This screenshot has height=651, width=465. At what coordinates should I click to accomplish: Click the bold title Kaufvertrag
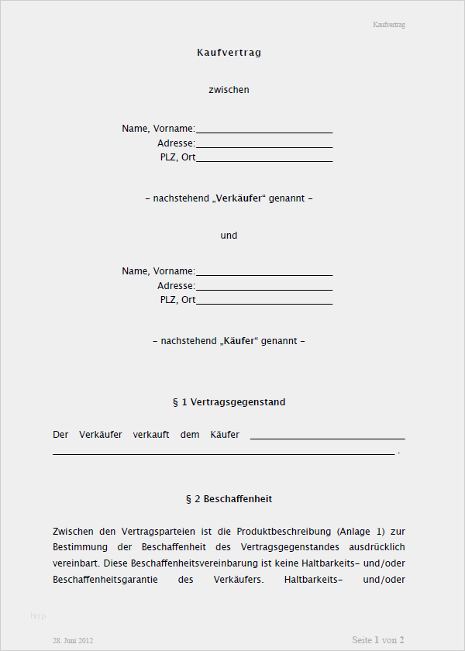(229, 53)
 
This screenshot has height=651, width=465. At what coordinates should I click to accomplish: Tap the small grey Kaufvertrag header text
(389, 25)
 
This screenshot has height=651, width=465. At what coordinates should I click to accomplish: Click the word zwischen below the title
(229, 90)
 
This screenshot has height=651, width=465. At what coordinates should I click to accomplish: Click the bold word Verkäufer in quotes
(239, 198)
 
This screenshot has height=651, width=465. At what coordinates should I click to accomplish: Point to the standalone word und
(229, 235)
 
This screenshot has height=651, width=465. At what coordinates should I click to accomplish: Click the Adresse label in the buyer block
(176, 286)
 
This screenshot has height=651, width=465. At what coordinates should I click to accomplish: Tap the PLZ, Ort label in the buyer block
(177, 299)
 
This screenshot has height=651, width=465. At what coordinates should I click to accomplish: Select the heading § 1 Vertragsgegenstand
(229, 402)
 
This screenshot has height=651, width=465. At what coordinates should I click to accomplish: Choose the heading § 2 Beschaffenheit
(229, 499)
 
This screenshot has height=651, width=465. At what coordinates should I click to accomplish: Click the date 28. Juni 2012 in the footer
(73, 641)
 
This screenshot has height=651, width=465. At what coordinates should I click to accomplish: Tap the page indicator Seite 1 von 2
(378, 640)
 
